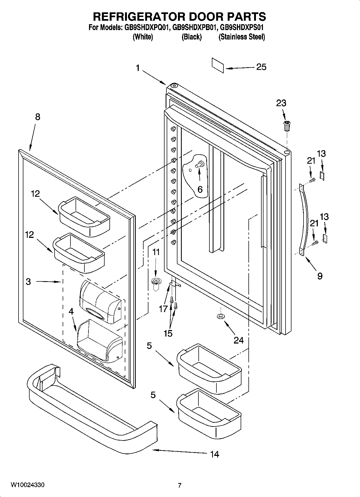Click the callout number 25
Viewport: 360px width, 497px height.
261,67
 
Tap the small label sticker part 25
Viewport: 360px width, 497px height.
218,65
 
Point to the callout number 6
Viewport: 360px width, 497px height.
200,189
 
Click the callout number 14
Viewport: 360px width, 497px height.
215,454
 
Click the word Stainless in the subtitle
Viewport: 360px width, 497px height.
233,37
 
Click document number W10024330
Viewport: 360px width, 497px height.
27,485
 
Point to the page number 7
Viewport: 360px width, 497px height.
180,485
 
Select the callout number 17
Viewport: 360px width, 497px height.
163,309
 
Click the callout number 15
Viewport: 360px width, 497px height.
168,333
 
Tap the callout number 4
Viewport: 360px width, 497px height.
71,311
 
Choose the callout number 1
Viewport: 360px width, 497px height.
138,68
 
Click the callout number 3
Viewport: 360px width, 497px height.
28,281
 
